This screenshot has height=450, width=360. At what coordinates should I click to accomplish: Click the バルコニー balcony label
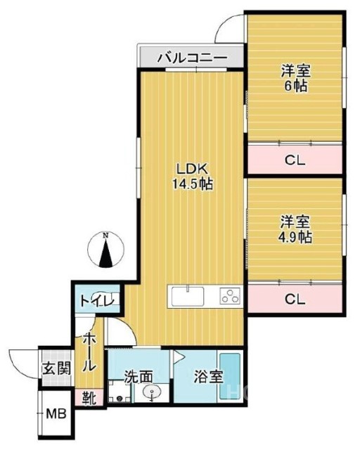pos(191,57)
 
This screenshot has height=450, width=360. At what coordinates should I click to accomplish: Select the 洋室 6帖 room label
pos(295,77)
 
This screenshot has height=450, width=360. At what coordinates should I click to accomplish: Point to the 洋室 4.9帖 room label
pos(295,229)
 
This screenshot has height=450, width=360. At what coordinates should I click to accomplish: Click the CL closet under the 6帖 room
pos(295,160)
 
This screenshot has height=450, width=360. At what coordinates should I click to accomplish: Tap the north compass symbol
pos(105,252)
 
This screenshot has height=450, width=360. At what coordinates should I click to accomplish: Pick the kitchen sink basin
pos(188,296)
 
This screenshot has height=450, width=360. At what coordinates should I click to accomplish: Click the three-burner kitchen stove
pos(230,296)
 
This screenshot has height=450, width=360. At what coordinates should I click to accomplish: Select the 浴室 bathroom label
pos(209,376)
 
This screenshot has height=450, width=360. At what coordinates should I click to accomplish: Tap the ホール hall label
pos(90,352)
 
